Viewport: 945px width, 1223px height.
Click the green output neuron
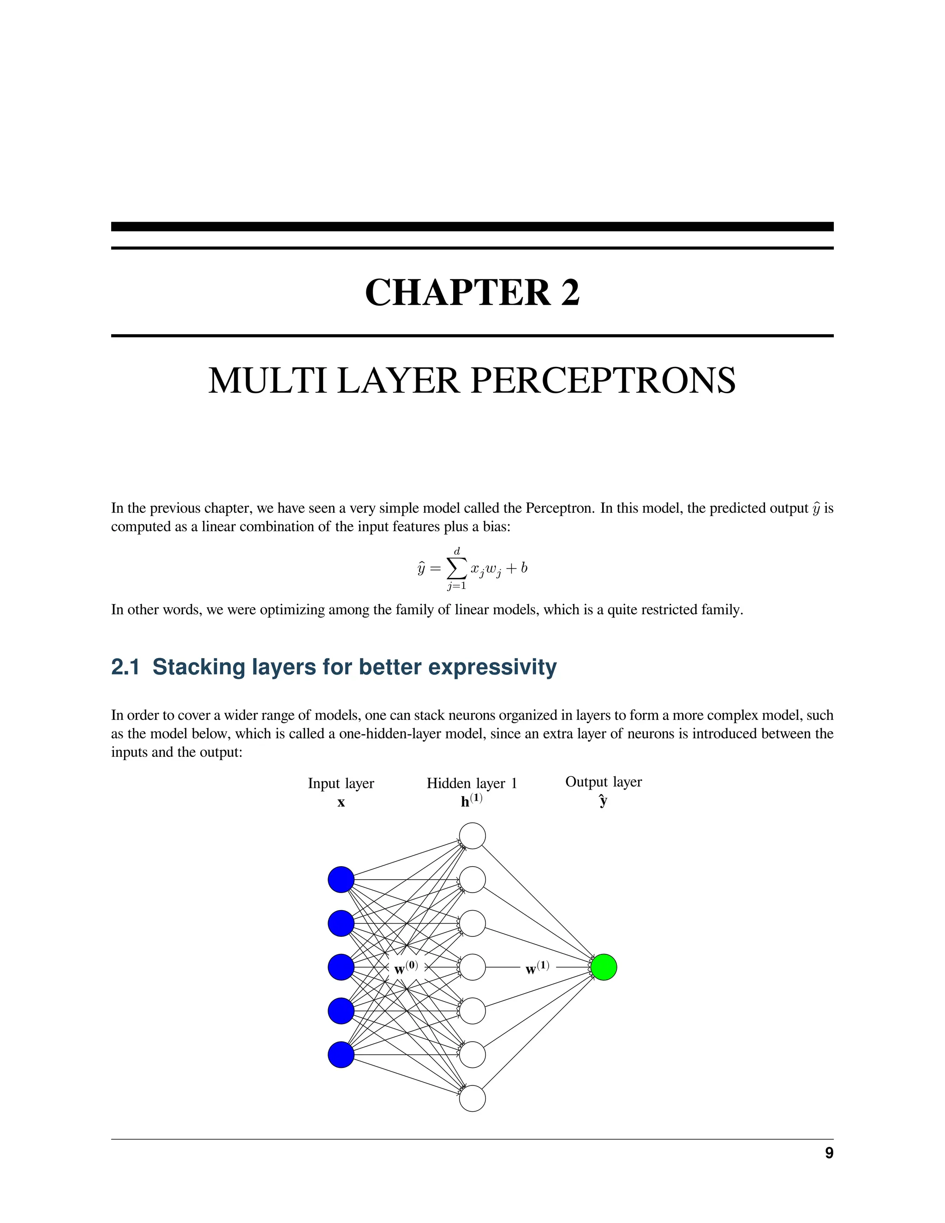604,967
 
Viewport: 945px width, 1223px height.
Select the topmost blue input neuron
341,880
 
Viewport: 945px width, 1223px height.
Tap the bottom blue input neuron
341,1055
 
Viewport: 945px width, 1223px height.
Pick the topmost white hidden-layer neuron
472,836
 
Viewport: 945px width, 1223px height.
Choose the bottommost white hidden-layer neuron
472,1098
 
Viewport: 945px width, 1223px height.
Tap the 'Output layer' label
604,782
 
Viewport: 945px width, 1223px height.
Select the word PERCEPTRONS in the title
603,381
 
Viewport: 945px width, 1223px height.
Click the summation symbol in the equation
456,569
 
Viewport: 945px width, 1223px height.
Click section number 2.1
125,667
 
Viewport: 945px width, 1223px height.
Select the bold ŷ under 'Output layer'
603,800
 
